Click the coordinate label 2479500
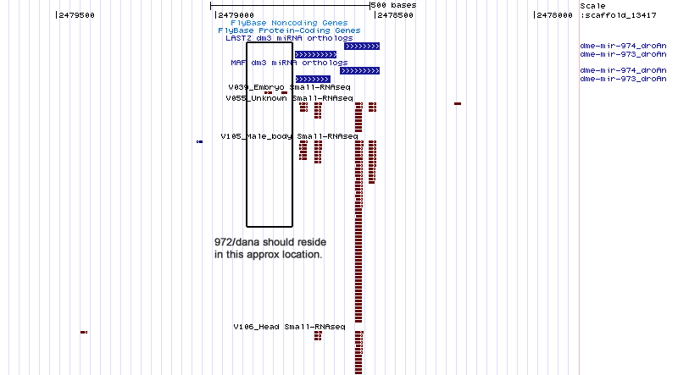[x=75, y=14]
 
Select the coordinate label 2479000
[x=235, y=14]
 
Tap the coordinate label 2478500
[x=395, y=14]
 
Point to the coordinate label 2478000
[x=554, y=14]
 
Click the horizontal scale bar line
[x=290, y=5]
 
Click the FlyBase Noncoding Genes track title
[x=282, y=23]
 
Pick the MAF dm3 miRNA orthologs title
[x=289, y=63]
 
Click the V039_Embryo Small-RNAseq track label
[x=289, y=86]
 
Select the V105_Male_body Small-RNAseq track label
[x=289, y=135]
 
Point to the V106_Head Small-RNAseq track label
[x=289, y=326]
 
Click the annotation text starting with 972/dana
[x=269, y=248]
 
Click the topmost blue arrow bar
[x=362, y=46]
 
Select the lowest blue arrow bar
[x=312, y=79]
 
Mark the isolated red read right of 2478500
[x=458, y=103]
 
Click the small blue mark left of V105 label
[x=199, y=141]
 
